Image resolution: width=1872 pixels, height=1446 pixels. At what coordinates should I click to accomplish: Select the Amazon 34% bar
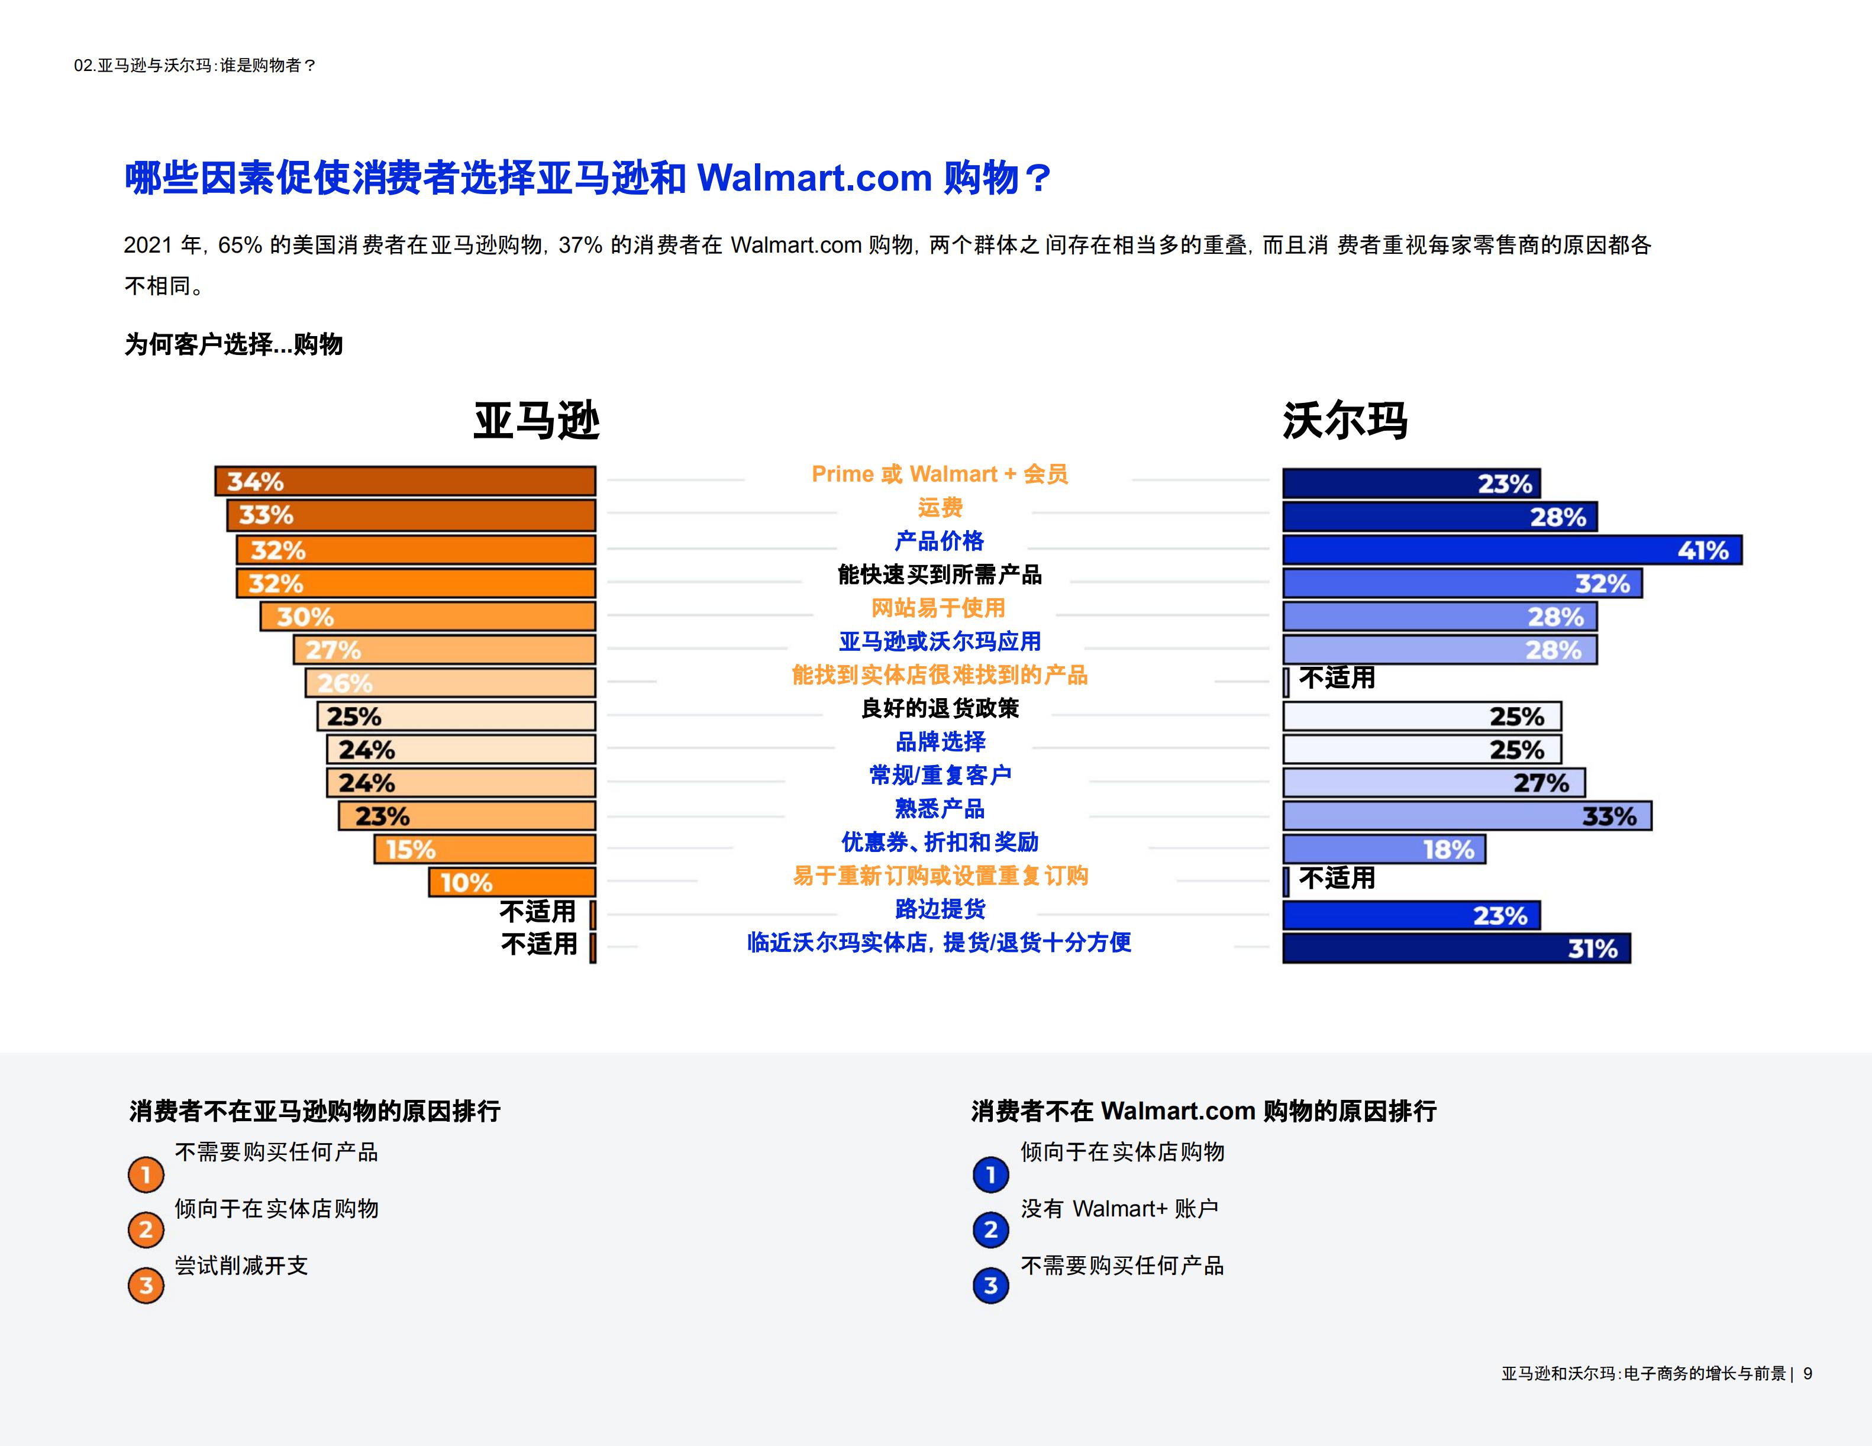pos(405,481)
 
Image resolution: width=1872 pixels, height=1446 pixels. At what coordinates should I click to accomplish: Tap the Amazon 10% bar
pos(512,882)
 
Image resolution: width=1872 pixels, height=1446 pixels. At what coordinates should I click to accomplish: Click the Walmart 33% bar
pos(1467,816)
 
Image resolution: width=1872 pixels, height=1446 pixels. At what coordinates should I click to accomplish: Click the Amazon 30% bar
pos(428,617)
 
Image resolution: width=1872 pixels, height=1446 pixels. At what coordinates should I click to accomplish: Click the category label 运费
pos(940,508)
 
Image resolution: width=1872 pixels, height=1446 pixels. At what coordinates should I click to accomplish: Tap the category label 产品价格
pos(940,541)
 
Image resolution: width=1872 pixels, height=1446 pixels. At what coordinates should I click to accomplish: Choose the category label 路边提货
pos(940,909)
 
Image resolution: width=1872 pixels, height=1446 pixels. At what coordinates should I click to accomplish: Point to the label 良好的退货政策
pos(940,708)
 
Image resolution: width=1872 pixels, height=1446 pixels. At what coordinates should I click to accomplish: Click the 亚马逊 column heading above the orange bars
pos(537,421)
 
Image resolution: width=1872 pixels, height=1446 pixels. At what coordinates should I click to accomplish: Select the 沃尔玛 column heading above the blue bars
pos(1345,421)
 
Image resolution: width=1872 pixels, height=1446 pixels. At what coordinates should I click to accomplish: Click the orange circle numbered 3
pos(146,1286)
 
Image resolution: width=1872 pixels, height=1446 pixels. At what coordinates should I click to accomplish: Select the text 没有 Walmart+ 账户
pos(1119,1209)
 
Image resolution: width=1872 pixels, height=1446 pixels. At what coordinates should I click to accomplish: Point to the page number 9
pos(1808,1374)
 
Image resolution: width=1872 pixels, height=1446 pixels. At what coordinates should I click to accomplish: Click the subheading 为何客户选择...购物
pos(233,344)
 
